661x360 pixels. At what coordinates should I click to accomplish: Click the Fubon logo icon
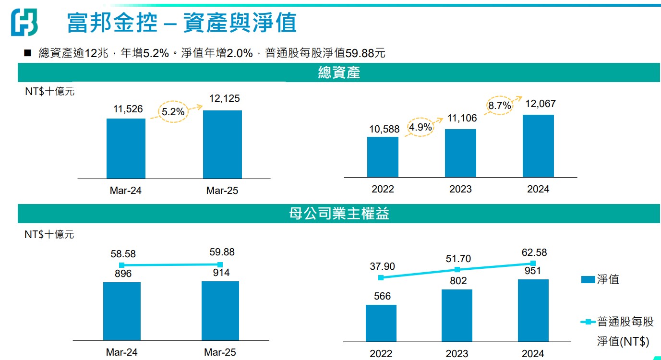[24, 22]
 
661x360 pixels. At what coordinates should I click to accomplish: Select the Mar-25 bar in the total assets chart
[222, 144]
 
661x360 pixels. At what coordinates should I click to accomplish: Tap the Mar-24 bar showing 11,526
[126, 148]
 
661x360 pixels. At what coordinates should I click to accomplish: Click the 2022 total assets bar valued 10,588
[383, 157]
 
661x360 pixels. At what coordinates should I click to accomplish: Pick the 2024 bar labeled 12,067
[538, 146]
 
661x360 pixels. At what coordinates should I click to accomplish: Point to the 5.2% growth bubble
[173, 112]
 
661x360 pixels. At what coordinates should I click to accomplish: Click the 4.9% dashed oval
[421, 128]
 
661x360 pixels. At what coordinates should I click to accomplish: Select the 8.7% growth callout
[499, 106]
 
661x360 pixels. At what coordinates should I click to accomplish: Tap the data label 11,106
[461, 119]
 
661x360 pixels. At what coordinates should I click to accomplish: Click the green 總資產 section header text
[339, 73]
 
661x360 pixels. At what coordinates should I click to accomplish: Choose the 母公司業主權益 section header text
[339, 214]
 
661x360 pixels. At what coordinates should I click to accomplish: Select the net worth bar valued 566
[381, 323]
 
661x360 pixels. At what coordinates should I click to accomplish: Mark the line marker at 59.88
[220, 264]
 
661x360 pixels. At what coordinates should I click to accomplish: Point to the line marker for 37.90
[381, 277]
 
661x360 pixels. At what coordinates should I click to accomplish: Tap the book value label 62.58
[533, 252]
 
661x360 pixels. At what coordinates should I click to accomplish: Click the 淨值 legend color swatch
[588, 279]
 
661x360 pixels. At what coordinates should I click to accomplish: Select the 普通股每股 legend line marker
[588, 322]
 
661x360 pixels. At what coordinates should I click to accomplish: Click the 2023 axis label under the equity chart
[457, 354]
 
